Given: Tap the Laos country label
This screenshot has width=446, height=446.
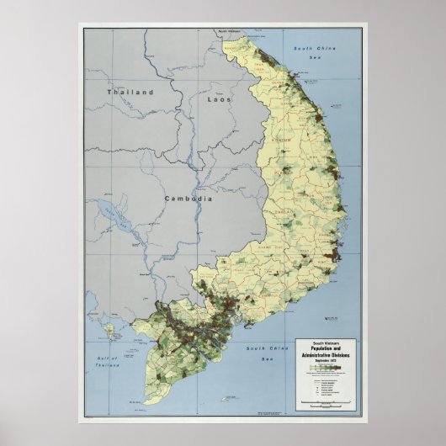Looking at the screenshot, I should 218,99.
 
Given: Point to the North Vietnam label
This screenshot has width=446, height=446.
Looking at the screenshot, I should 229,31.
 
